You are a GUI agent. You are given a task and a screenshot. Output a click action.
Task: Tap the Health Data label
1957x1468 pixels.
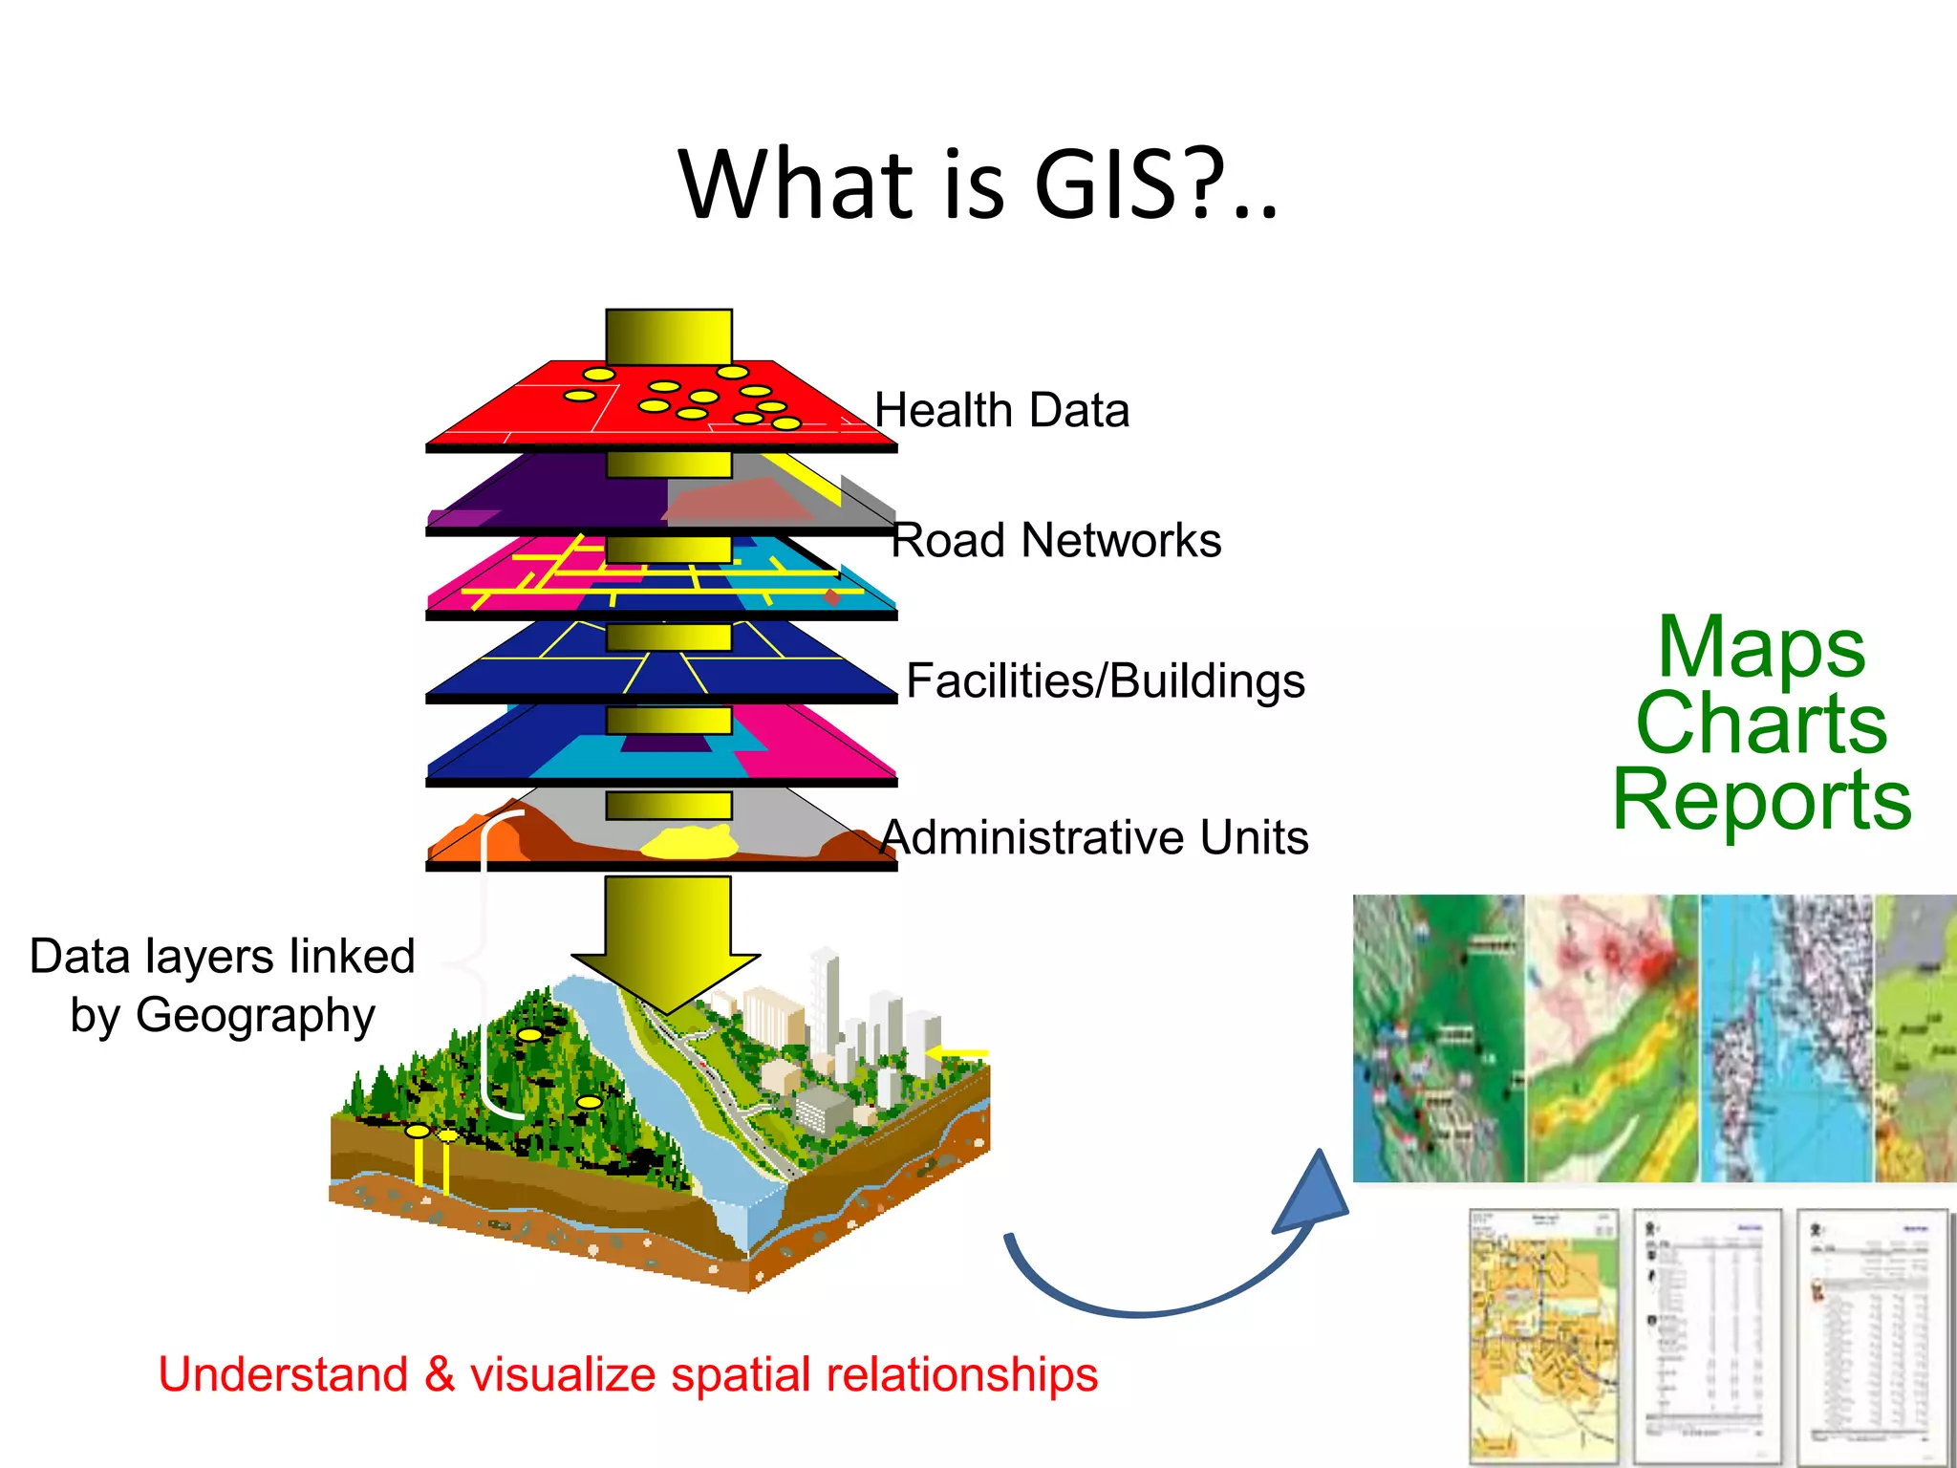pyautogui.click(x=1001, y=411)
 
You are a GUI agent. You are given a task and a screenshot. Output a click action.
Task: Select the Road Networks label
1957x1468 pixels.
pyautogui.click(x=1056, y=541)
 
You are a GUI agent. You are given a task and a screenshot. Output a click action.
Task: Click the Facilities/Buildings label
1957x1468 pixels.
pyautogui.click(x=1105, y=681)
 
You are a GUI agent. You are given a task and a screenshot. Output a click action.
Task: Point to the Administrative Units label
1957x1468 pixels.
pyautogui.click(x=1094, y=838)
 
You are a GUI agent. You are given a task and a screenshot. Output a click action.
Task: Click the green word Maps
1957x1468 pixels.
pyautogui.click(x=1760, y=648)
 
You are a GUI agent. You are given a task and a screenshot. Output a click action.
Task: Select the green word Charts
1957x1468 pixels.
pyautogui.click(x=1761, y=723)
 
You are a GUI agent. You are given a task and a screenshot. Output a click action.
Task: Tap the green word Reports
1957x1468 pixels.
pyautogui.click(x=1761, y=800)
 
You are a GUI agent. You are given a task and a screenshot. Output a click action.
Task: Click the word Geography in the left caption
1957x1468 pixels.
pyautogui.click(x=255, y=1016)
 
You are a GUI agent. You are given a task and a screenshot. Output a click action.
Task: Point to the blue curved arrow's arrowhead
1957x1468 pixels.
pyautogui.click(x=1314, y=1194)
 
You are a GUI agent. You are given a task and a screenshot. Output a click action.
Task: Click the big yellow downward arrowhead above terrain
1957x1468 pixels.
pyautogui.click(x=666, y=980)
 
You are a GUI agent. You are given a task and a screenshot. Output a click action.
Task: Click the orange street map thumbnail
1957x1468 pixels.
pyautogui.click(x=1541, y=1333)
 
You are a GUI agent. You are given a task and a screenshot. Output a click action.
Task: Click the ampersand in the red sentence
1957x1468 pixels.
pyautogui.click(x=439, y=1376)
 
